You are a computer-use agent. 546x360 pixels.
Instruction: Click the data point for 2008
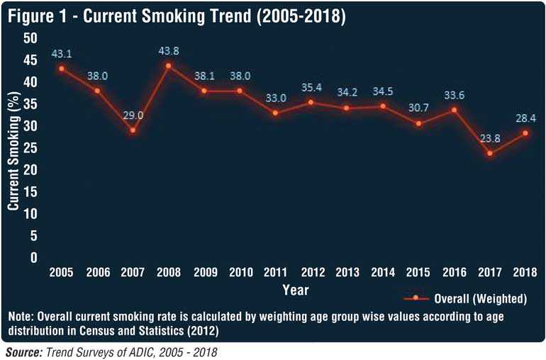168,66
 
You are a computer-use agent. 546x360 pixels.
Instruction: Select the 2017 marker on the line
489,153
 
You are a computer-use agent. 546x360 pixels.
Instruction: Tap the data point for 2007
133,130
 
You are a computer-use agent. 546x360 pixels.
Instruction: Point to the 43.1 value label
62,54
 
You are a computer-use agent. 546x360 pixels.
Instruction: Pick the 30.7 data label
418,108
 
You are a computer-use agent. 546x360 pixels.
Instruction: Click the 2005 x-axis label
62,271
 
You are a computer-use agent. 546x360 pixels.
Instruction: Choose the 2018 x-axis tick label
525,271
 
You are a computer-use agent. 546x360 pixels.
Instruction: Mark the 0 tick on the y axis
33,258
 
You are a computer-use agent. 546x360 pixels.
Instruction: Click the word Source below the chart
21,351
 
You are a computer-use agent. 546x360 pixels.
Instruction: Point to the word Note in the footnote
21,316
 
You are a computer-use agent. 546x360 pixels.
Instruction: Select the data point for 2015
418,123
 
